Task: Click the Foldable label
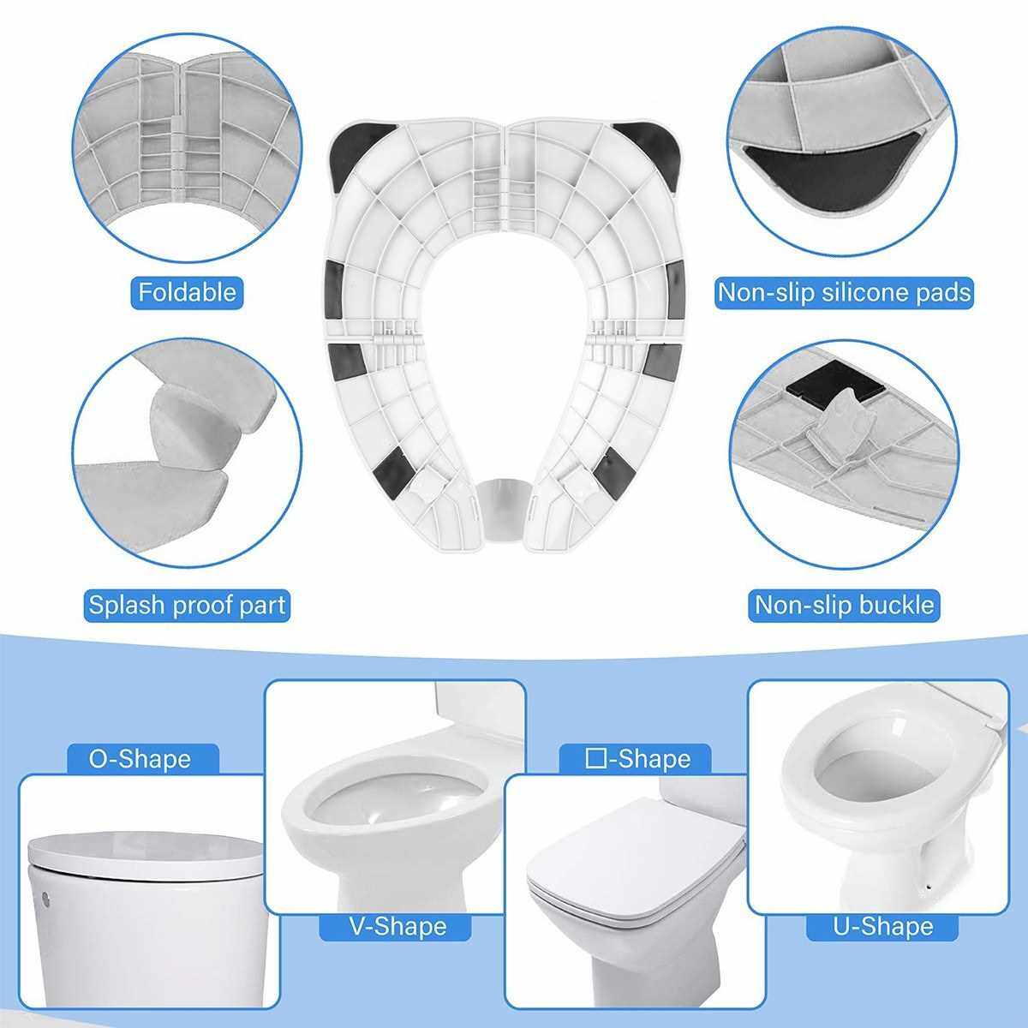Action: [188, 292]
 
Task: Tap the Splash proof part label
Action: [187, 605]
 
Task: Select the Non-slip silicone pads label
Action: [844, 292]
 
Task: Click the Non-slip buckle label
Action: [844, 605]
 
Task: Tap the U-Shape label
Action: [883, 927]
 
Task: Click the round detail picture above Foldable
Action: [188, 147]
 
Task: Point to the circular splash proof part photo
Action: [188, 453]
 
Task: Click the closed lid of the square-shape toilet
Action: [636, 864]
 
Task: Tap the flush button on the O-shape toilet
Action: [45, 898]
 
